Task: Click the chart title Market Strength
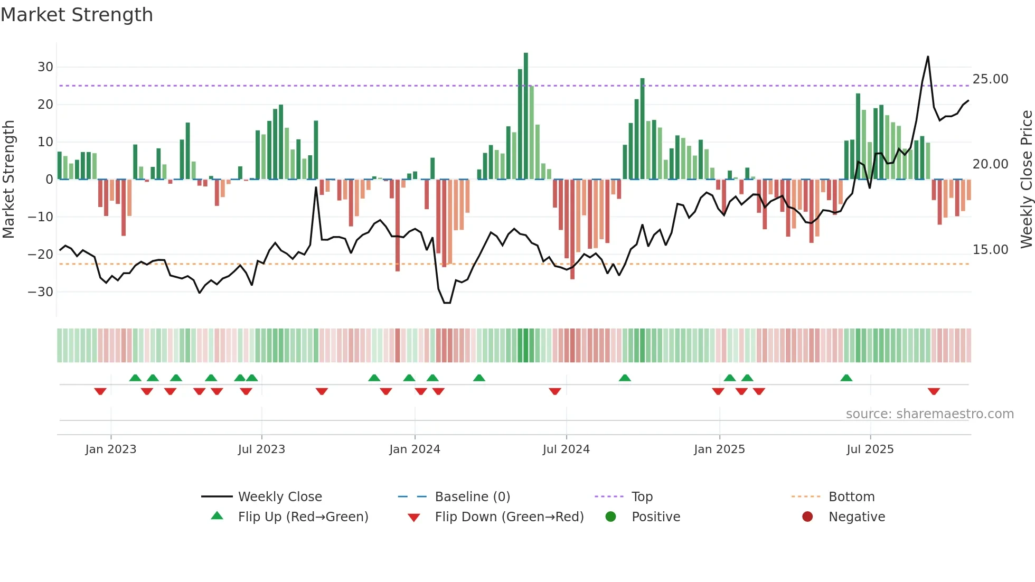77,15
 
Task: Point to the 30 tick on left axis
45,67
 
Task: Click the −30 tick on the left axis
41,292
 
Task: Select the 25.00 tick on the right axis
990,79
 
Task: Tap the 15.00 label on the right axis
990,250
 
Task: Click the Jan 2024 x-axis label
415,449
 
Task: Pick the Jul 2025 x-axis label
870,449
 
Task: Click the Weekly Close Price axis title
1026,180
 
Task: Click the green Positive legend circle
611,517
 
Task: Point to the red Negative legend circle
807,517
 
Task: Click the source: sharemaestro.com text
929,414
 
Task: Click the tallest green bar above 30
526,116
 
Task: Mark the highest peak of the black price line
928,57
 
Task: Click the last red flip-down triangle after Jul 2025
934,391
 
